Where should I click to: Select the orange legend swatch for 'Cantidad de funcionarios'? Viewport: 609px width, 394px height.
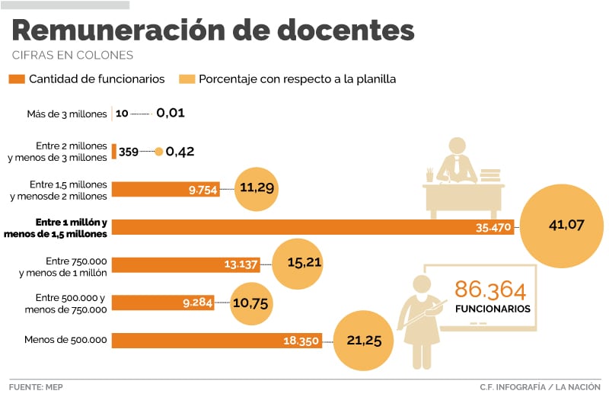tap(16, 79)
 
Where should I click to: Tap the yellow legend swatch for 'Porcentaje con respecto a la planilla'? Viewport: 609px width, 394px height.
tap(187, 79)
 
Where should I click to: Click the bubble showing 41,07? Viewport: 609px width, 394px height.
tap(565, 225)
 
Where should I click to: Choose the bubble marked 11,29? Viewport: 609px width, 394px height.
tap(257, 187)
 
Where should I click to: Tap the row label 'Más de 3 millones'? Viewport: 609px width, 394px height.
tap(66, 114)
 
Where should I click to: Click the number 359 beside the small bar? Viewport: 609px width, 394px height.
tap(129, 152)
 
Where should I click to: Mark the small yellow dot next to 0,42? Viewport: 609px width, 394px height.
tap(158, 152)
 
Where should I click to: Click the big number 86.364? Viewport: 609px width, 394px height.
tap(490, 290)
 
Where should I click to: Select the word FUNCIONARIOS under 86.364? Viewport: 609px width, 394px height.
tap(493, 309)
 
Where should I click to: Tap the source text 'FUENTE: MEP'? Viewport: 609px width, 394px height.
tap(37, 386)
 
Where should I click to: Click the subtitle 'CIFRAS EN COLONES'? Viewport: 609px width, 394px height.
tap(73, 56)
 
